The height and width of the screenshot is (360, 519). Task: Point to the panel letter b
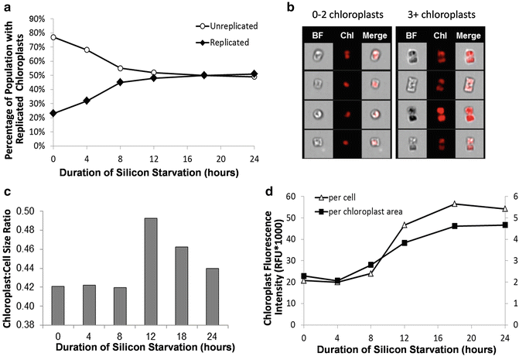click(292, 9)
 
